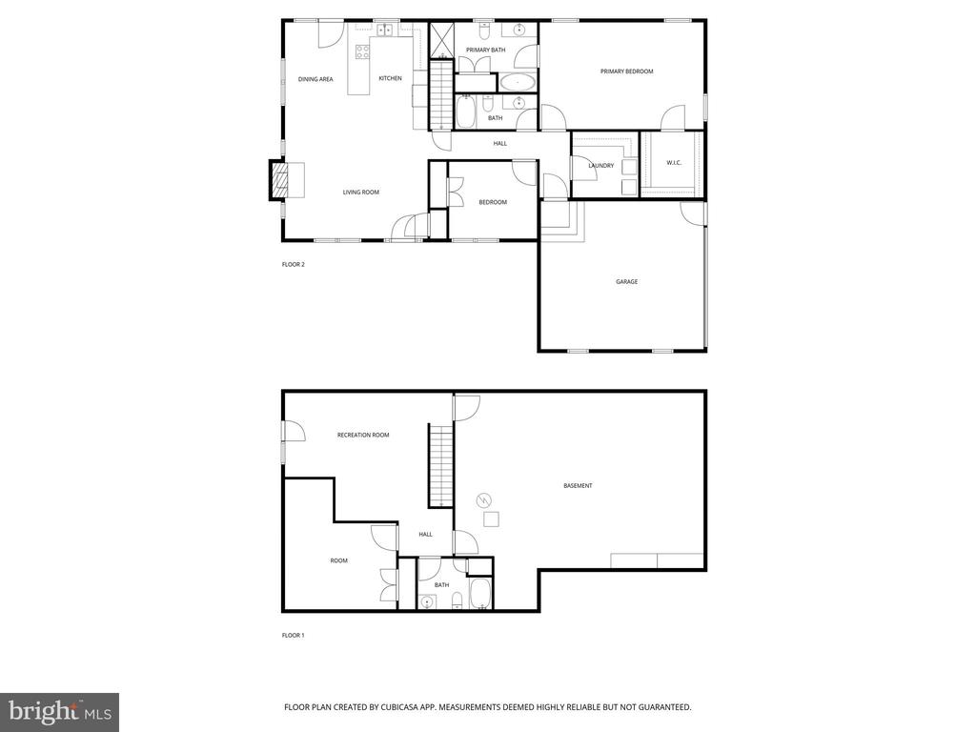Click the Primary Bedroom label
point(626,71)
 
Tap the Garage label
point(626,282)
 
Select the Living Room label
point(361,193)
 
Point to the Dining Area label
point(315,79)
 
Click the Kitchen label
point(390,78)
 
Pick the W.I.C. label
point(674,163)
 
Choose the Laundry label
point(600,166)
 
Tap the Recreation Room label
point(363,436)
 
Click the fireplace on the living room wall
point(279,180)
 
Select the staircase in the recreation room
point(439,467)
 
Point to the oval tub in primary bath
point(518,82)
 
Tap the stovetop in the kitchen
point(362,51)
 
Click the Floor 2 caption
point(293,264)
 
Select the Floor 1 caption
point(293,635)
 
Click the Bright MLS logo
point(58,711)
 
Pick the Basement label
point(578,486)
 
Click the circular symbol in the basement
point(483,499)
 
